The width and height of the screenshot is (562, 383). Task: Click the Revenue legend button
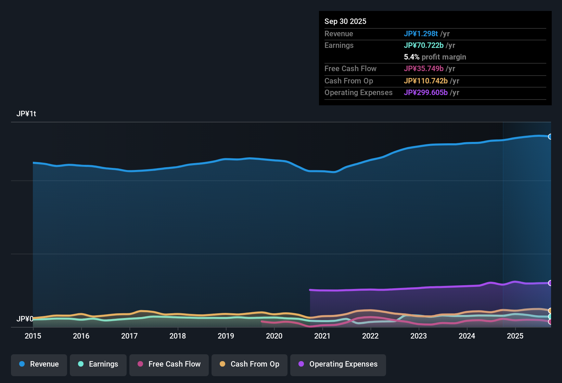(39, 364)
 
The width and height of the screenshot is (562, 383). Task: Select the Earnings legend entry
(98, 364)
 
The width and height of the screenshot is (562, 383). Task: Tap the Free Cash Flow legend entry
(169, 364)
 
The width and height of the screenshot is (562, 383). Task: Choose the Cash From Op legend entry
(250, 364)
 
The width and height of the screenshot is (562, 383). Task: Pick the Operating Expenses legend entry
(338, 364)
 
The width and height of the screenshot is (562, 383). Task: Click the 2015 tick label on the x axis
(33, 336)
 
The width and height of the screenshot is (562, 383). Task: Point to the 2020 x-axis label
(274, 336)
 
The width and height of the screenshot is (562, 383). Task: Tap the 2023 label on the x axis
(419, 336)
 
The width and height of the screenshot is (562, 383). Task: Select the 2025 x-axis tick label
(515, 336)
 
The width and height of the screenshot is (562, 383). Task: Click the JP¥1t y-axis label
(26, 114)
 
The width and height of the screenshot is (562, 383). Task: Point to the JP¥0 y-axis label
(25, 319)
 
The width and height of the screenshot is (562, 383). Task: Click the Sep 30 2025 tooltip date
(345, 21)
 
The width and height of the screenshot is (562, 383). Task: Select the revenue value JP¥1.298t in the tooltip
(421, 34)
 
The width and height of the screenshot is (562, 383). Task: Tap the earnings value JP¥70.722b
(423, 45)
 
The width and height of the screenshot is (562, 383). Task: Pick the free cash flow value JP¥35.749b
(423, 68)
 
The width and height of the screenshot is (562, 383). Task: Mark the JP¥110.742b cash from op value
(425, 81)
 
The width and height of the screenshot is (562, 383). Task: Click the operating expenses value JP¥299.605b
(425, 92)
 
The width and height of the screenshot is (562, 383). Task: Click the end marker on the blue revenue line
(550, 136)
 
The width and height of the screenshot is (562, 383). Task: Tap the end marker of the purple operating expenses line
(550, 283)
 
